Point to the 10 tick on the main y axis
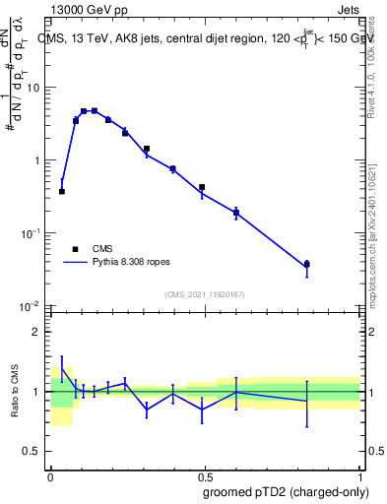[33, 88]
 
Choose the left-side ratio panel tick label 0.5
[32, 452]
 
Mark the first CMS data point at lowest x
[62, 191]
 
